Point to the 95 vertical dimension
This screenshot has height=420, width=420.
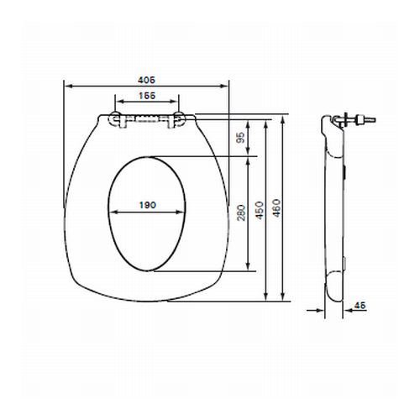pos(241,136)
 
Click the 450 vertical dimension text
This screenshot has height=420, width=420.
pos(260,207)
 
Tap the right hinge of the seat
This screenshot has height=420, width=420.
pos(178,119)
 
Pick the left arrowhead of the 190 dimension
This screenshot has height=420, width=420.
pos(112,212)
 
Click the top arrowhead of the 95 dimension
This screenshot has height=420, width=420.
pos(249,118)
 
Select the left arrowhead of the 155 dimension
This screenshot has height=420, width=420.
pos(116,105)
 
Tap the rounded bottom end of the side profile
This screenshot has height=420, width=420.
pos(333,296)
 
